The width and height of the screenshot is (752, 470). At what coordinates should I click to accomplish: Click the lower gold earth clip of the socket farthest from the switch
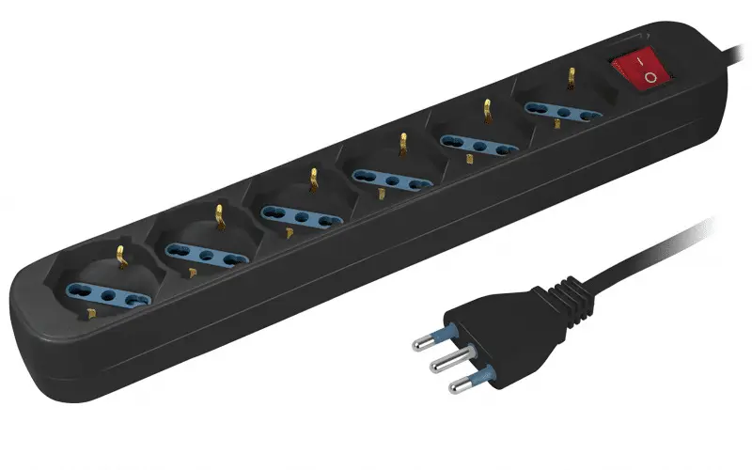coord(91,313)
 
